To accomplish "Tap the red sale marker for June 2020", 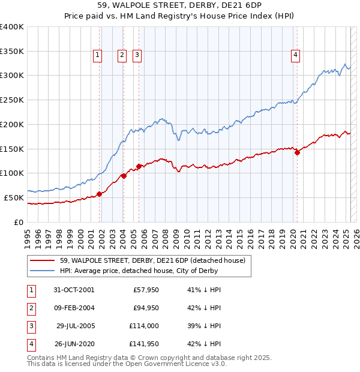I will click(297, 153).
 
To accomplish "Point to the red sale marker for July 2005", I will click(139, 166).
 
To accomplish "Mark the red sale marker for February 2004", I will click(124, 176).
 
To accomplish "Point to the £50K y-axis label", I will click(14, 197).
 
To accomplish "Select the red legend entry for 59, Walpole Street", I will click(152, 261).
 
